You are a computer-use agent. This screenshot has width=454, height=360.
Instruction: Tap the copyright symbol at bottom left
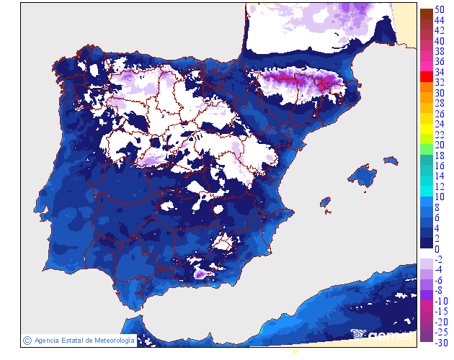point(27,340)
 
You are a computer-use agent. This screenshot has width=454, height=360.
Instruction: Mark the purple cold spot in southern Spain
point(199,274)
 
